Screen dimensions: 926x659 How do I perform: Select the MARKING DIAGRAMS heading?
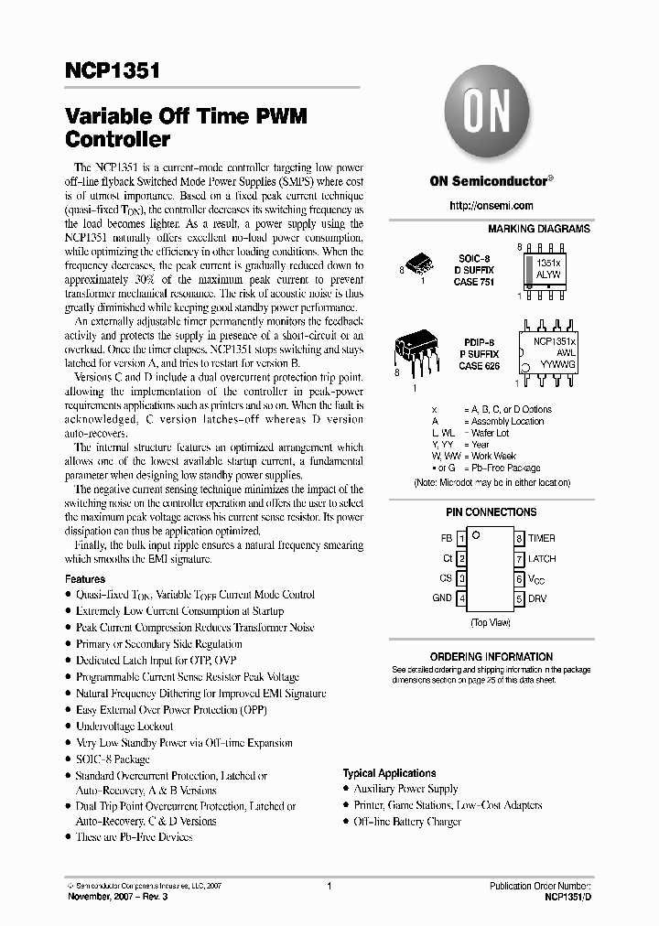(x=538, y=229)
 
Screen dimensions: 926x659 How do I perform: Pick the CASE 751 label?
(x=475, y=282)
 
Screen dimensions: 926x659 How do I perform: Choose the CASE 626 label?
(x=479, y=366)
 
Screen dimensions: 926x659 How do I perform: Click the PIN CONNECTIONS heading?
(x=492, y=512)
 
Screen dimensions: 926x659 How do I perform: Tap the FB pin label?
(x=446, y=538)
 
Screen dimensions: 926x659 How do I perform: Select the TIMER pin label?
(x=541, y=538)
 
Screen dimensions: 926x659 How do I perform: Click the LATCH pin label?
(x=542, y=558)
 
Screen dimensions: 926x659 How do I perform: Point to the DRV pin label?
(x=537, y=598)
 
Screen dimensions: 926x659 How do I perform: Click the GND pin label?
(x=442, y=598)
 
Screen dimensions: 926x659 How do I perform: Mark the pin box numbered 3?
(x=462, y=578)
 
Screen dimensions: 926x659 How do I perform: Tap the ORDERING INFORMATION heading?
(x=492, y=656)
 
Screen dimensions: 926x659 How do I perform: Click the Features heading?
(x=85, y=579)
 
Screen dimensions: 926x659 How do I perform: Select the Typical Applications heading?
(x=389, y=773)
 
